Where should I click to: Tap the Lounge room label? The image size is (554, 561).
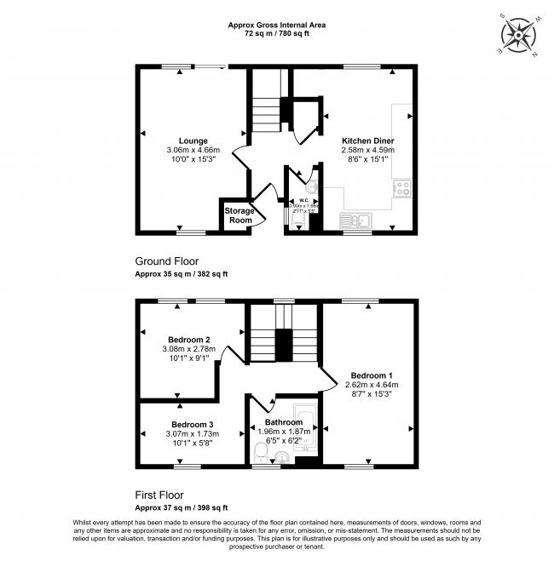point(193,140)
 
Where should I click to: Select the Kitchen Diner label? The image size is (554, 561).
point(367,140)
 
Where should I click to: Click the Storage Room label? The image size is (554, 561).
point(238,215)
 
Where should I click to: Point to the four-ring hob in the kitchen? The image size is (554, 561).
point(401,188)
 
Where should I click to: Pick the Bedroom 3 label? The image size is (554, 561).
point(192,424)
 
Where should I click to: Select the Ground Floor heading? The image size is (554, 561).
point(168,260)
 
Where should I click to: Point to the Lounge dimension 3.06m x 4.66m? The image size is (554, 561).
point(193,150)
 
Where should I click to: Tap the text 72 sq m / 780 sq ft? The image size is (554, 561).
point(276,35)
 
